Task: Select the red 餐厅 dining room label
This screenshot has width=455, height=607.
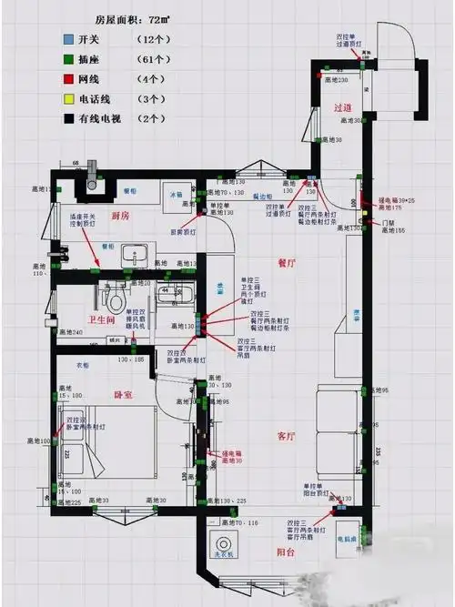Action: [288, 263]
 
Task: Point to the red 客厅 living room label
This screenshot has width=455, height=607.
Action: [288, 436]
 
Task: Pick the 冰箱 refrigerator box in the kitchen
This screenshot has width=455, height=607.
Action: [179, 194]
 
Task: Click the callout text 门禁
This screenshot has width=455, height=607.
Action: [388, 222]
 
